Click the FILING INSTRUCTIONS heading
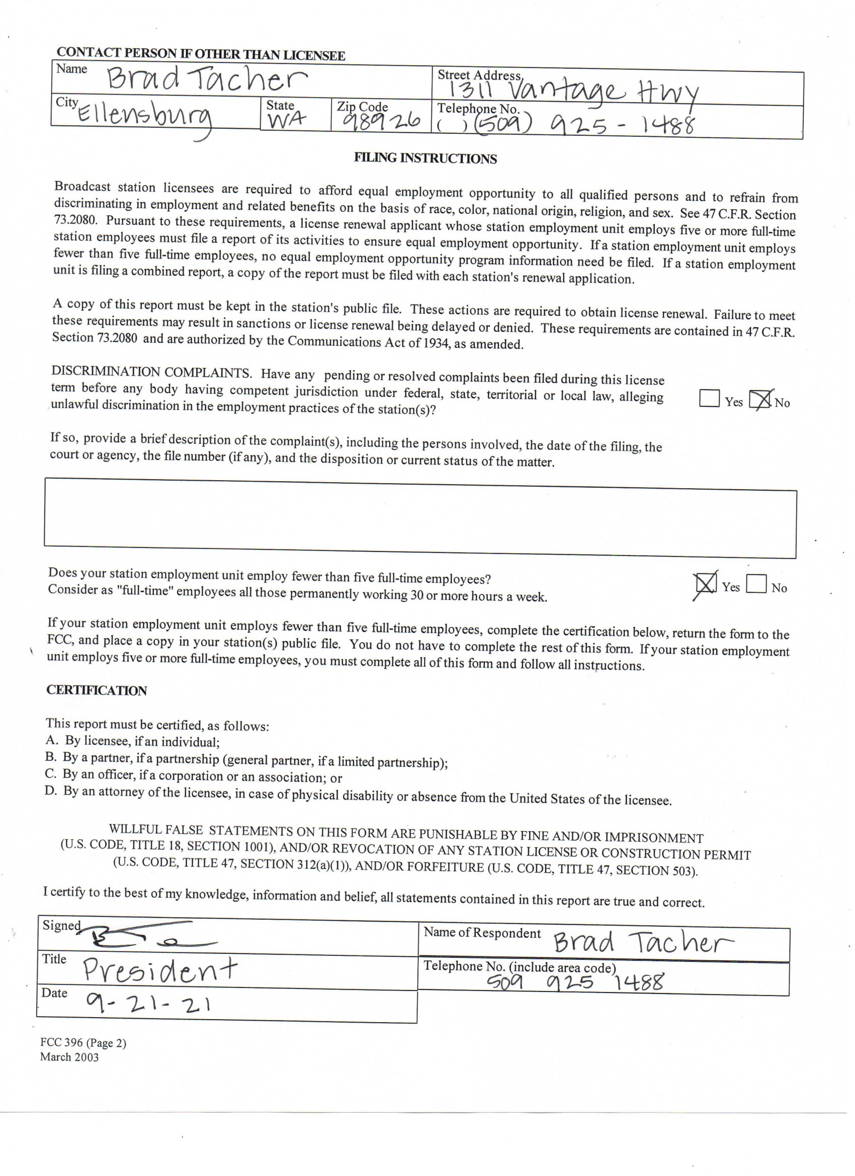click(x=425, y=158)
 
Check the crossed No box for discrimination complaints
click(x=760, y=400)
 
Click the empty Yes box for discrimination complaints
click(x=709, y=398)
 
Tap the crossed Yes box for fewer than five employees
click(x=705, y=584)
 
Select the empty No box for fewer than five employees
click(x=756, y=584)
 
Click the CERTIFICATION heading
click(x=97, y=691)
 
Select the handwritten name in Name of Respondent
click(x=642, y=941)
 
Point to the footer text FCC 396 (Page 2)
click(x=83, y=1043)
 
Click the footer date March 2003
click(x=69, y=1057)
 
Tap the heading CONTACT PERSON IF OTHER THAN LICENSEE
click(x=201, y=54)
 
